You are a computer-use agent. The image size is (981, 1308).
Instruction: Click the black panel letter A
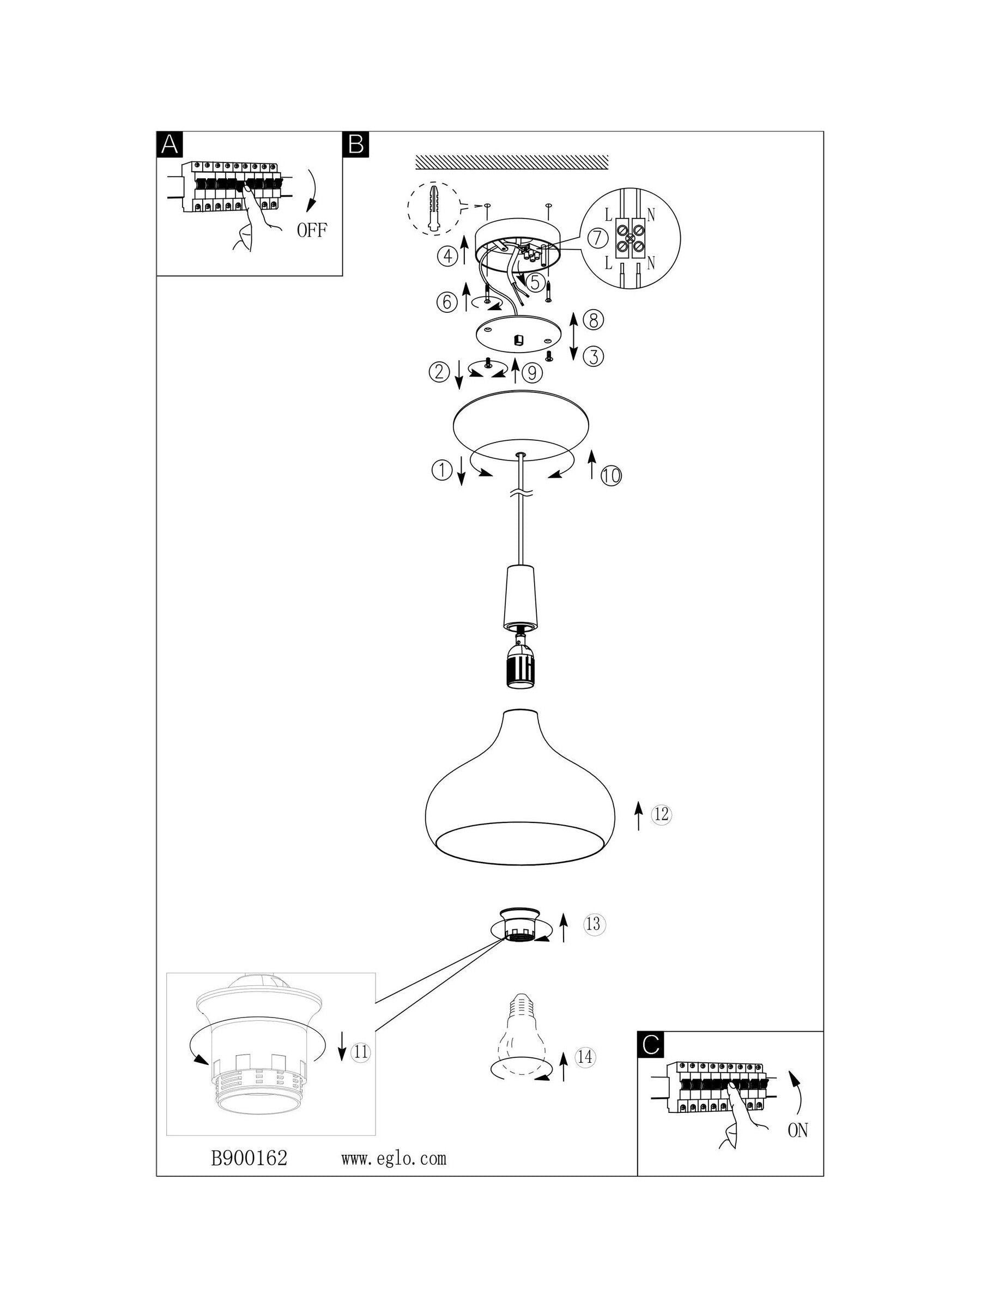(169, 144)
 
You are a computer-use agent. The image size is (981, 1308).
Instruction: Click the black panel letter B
(356, 144)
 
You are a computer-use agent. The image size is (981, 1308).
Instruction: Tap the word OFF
(312, 230)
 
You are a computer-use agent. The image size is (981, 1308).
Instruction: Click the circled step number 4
(447, 256)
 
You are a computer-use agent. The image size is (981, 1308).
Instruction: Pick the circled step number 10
(612, 475)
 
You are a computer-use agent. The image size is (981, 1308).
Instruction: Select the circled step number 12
(662, 814)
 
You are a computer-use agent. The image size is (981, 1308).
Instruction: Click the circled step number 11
(360, 1051)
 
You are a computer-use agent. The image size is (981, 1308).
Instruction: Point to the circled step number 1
(441, 470)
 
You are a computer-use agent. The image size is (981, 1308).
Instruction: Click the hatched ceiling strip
(512, 161)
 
